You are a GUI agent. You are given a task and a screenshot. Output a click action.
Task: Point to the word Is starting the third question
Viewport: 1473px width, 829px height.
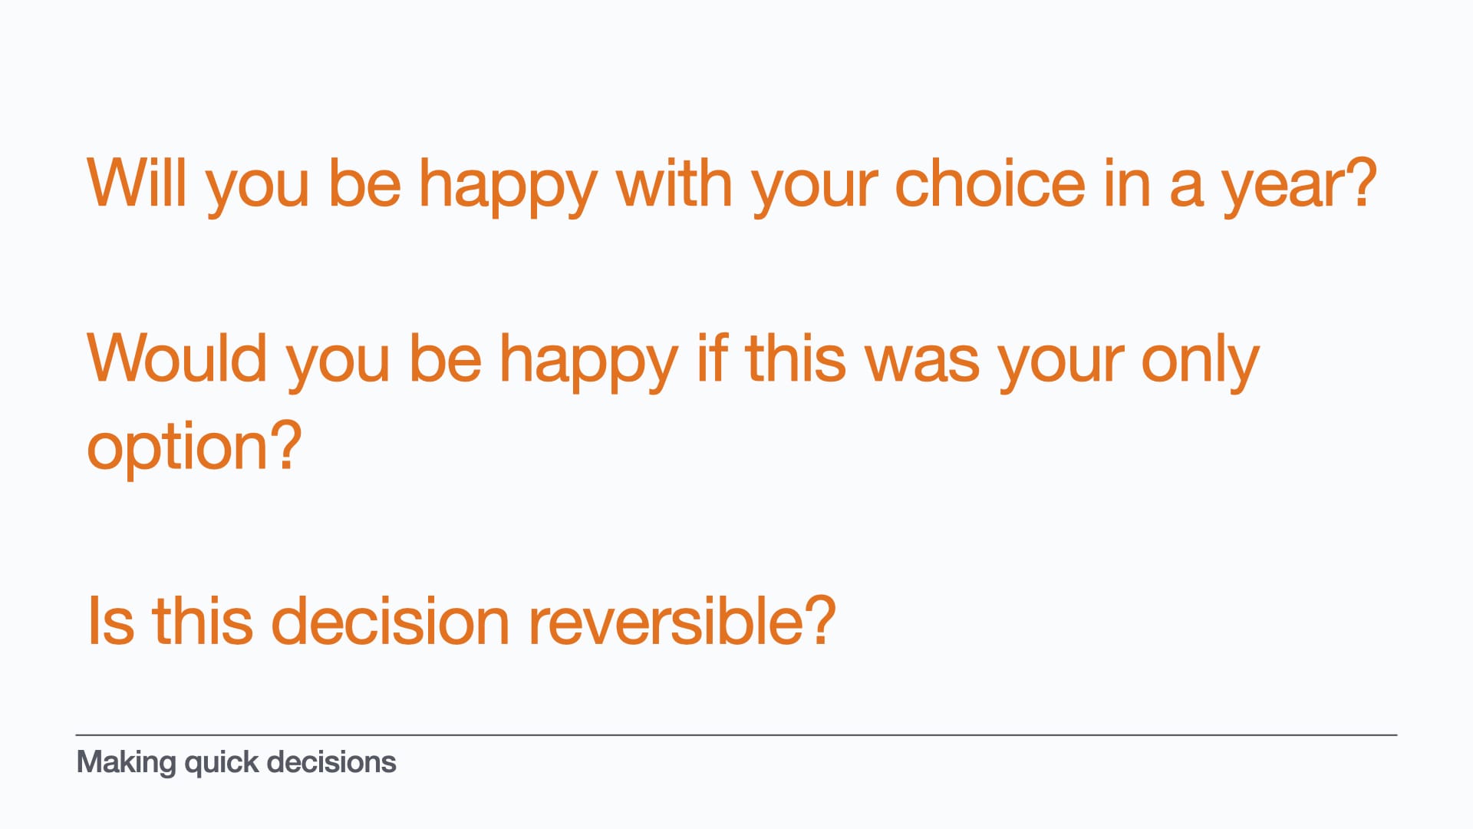[x=111, y=620]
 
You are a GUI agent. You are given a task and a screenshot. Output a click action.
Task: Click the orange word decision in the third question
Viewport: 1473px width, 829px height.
[x=390, y=620]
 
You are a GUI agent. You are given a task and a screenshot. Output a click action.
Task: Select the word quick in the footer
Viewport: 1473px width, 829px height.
[x=222, y=763]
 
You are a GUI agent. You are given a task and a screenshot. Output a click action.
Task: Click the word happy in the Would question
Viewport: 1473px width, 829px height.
[x=588, y=362]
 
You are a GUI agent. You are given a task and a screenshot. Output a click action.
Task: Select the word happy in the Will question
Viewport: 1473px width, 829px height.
[x=508, y=188]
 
